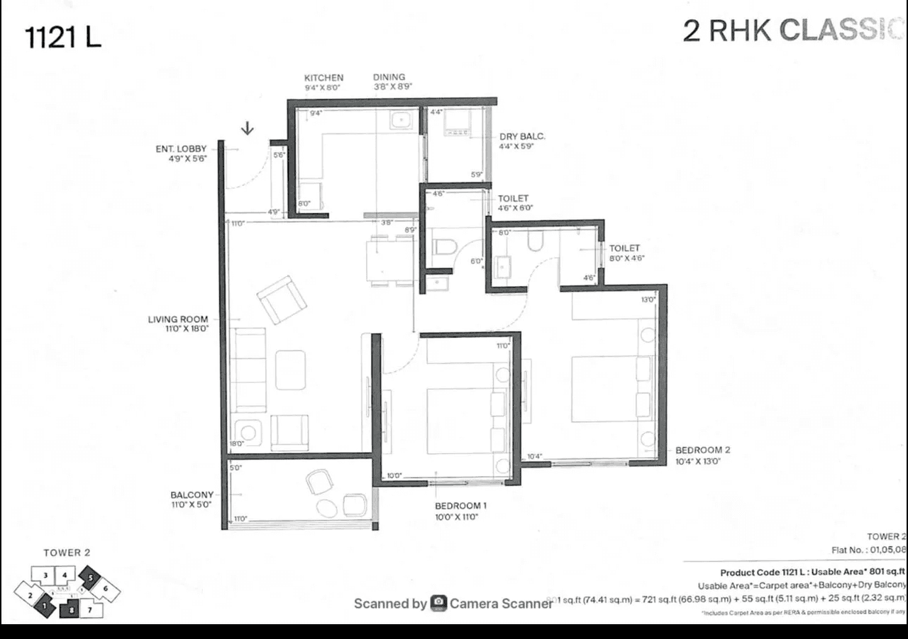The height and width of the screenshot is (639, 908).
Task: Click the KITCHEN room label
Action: click(323, 78)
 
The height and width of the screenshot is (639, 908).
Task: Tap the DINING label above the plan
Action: click(389, 77)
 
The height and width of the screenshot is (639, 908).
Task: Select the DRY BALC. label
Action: click(522, 136)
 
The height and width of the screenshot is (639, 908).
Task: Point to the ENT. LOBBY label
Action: click(181, 149)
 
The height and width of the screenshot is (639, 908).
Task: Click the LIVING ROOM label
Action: click(178, 319)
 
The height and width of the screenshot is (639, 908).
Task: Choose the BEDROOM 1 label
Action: click(460, 506)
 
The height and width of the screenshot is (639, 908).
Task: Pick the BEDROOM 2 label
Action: click(702, 450)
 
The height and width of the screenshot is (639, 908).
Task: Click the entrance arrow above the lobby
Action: click(248, 128)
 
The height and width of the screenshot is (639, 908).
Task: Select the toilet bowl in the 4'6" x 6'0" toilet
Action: click(444, 248)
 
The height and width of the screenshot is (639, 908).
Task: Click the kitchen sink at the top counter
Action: click(402, 120)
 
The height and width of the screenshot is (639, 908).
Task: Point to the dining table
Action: click(389, 260)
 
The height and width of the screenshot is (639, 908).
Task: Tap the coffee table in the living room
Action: click(290, 370)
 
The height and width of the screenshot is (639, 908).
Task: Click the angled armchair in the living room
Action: click(282, 300)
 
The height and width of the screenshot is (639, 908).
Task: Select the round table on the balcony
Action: click(328, 508)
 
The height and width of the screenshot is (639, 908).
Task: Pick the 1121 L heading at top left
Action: click(62, 37)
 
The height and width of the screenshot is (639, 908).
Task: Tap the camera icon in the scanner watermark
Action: click(438, 603)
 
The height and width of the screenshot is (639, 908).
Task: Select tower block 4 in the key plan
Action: click(65, 575)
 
